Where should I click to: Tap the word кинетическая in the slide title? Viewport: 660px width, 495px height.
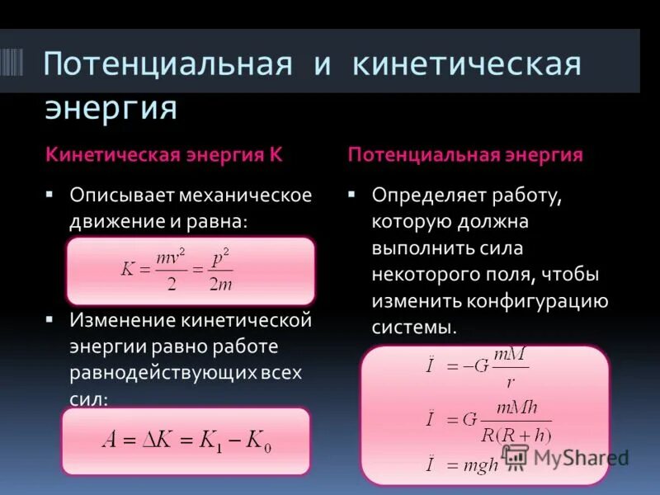pyautogui.click(x=467, y=64)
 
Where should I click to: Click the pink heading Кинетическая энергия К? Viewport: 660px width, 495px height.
pyautogui.click(x=164, y=154)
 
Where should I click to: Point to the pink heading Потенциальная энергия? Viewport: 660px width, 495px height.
pyautogui.click(x=465, y=154)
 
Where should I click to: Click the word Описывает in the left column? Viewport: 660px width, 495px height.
pyautogui.click(x=114, y=196)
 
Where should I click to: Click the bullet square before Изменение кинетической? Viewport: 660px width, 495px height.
pyautogui.click(x=49, y=318)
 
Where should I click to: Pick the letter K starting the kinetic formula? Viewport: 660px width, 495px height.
pyautogui.click(x=126, y=271)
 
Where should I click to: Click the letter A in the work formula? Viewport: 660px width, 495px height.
pyautogui.click(x=108, y=440)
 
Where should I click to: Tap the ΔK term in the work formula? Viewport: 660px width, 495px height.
pyautogui.click(x=159, y=440)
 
